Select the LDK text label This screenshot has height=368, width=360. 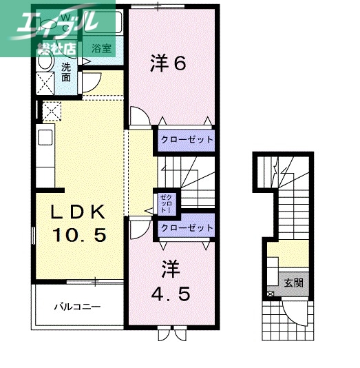coord(78,212)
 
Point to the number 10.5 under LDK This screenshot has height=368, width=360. coord(80,236)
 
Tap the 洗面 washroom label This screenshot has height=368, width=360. coord(66,72)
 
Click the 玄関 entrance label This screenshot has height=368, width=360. coord(293,282)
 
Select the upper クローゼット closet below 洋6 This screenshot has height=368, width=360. coord(187,140)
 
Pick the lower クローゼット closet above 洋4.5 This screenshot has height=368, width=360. coord(187,227)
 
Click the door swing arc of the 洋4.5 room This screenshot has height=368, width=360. coord(140,228)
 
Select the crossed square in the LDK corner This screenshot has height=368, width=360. coord(52,111)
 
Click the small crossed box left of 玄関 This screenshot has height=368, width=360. coord(270,295)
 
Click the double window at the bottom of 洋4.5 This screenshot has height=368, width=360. coord(171,334)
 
